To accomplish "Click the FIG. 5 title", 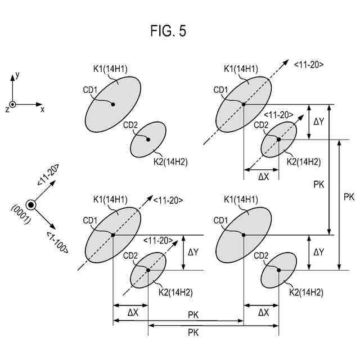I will point(168,31).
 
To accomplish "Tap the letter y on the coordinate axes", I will point(18,74).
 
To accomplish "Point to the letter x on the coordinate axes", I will point(42,109).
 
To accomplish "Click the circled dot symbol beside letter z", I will point(12,104).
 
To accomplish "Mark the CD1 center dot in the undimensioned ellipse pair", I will point(112,104).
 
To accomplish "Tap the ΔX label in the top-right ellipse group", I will point(263,176).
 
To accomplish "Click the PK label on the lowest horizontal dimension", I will point(192,332).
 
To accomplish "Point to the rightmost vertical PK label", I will point(348,196).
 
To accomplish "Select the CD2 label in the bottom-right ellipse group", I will point(261,256).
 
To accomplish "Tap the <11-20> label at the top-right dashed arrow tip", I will point(308,65).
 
